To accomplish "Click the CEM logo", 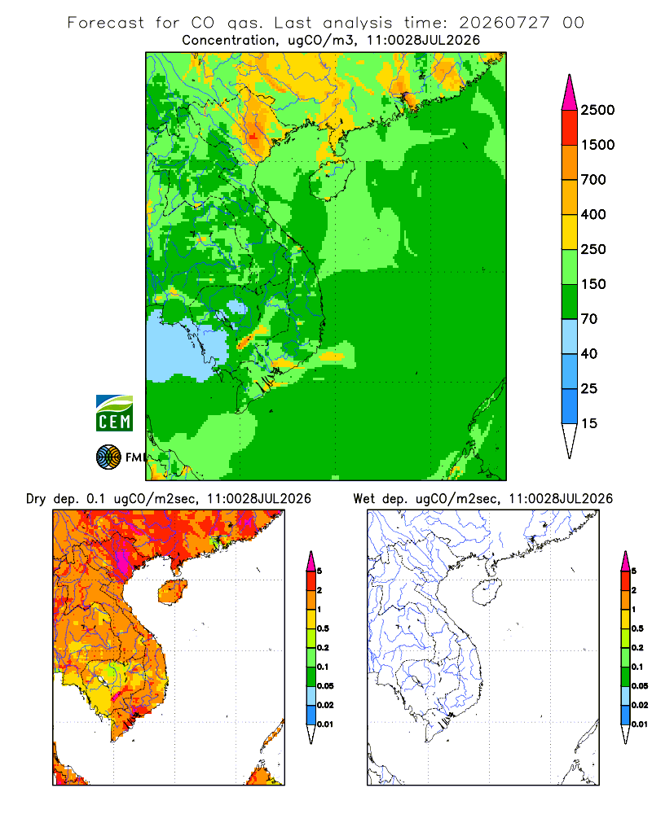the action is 114,414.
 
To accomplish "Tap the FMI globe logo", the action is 108,457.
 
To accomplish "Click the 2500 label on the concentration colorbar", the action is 597,110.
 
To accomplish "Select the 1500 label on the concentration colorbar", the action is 597,145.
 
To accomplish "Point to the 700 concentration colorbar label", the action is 593,180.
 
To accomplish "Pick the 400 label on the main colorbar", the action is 593,214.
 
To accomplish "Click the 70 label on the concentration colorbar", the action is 589,319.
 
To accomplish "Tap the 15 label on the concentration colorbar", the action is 589,423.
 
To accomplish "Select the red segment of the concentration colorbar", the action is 570,128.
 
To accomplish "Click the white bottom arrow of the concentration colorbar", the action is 570,439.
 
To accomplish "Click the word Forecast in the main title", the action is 106,23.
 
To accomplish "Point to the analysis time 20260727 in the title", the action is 504,23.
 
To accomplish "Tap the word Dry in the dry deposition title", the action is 36,499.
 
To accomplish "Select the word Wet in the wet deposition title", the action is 363,499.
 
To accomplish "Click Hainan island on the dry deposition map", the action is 172,591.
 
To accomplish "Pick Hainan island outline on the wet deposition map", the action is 474,592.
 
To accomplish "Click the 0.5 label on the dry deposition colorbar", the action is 323,628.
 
